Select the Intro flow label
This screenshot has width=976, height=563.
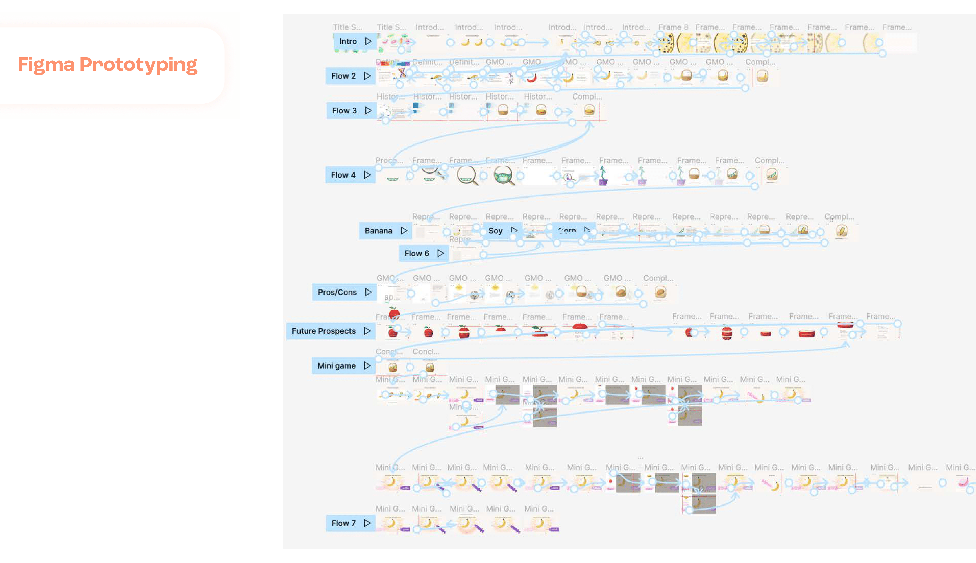tap(348, 41)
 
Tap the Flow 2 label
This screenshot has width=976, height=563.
tap(343, 76)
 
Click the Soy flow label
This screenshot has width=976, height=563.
tap(495, 231)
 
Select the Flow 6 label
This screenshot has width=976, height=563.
tap(416, 253)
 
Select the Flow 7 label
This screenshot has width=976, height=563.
tap(343, 523)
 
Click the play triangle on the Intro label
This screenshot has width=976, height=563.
tap(368, 41)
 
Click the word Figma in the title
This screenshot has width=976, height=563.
tap(46, 65)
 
